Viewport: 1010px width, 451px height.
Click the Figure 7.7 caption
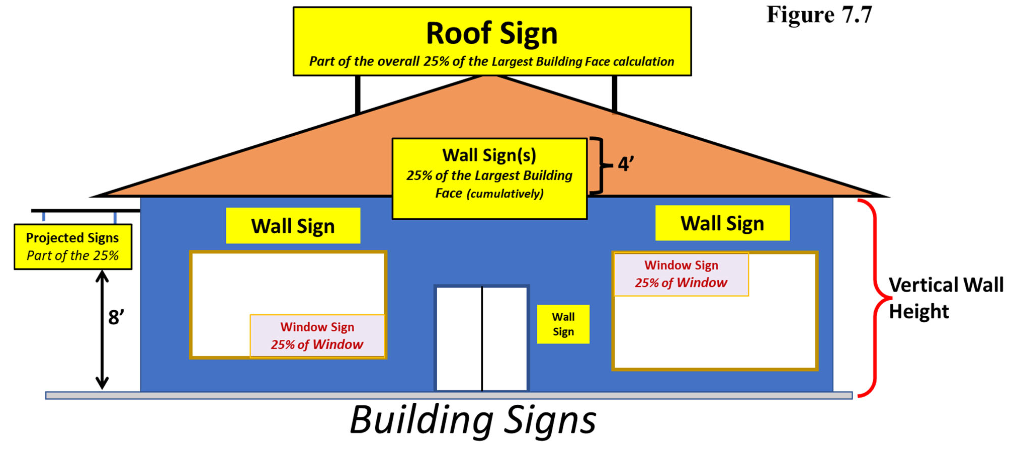819,15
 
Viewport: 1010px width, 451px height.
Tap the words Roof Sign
491,33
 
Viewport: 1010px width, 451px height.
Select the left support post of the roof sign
358,95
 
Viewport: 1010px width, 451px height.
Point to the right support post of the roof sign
615,93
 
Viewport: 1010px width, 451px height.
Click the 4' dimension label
625,164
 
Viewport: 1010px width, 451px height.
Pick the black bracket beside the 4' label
598,165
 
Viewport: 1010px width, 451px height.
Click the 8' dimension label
116,317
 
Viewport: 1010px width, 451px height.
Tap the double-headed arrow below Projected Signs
102,329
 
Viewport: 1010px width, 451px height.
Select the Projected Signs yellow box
73,246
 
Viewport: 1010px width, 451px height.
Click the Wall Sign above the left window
293,226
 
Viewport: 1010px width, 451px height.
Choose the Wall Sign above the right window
722,223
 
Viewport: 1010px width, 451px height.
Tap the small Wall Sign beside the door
563,324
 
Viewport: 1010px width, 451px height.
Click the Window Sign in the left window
317,336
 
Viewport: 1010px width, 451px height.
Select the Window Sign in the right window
681,274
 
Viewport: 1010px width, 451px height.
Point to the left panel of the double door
459,338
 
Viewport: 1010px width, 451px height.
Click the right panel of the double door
504,338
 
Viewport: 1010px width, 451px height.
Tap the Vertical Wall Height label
946,298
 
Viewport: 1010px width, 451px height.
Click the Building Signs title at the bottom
473,420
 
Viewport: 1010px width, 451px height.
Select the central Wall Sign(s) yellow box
489,178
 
